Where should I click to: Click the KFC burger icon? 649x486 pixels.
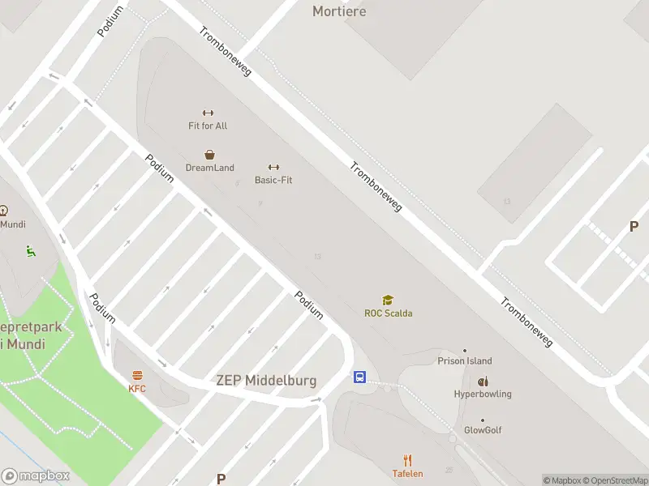[137, 375]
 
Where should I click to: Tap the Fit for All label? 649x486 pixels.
[208, 126]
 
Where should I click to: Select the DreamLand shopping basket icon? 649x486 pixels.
[209, 154]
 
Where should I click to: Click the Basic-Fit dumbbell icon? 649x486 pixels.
[273, 167]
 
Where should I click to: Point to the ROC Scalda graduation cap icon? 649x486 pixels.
[388, 300]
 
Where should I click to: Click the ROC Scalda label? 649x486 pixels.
[388, 313]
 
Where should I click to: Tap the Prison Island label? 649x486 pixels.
[465, 361]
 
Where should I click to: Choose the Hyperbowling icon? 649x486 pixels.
[483, 382]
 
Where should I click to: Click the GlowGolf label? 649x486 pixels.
[483, 430]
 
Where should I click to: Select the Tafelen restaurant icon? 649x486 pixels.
[408, 460]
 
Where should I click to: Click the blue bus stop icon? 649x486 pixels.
[359, 377]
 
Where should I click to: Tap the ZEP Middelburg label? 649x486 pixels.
[266, 381]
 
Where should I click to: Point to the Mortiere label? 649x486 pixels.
[339, 11]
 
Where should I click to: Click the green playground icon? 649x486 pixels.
[31, 251]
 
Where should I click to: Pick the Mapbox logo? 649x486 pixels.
[36, 476]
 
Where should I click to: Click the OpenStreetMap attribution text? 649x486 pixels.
[616, 480]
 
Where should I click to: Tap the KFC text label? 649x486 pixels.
[137, 389]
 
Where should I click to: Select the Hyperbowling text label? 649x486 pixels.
[483, 394]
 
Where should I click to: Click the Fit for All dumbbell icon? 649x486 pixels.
[208, 113]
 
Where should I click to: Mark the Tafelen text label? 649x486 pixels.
[408, 474]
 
